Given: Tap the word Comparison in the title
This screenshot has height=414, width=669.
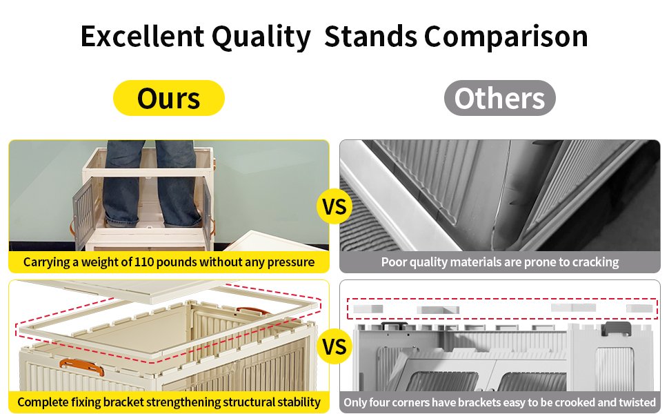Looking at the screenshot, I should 506,37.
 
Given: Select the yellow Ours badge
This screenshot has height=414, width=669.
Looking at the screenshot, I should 169,98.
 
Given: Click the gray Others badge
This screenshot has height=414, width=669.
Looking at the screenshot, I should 499,98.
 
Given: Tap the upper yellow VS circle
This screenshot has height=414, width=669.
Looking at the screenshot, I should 334,206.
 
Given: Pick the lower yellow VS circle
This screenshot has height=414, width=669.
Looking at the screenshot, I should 334,345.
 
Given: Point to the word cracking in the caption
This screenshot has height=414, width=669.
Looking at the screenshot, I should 592,262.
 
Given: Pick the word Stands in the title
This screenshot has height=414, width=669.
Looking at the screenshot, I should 370,37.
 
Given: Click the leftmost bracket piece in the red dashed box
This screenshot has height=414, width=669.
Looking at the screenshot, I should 368,308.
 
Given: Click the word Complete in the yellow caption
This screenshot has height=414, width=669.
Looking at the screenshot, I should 43,402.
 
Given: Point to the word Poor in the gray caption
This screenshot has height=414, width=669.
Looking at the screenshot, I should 393,262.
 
